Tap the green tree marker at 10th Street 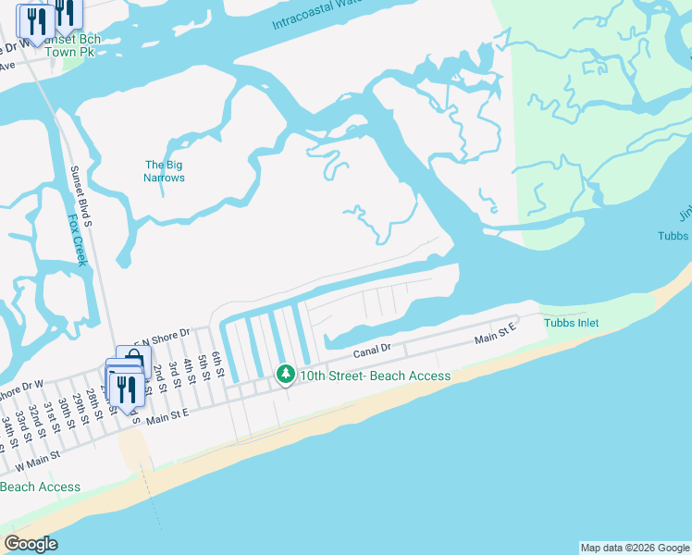286,375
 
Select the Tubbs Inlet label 571,323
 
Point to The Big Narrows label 165,171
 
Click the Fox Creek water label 77,240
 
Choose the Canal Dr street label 373,351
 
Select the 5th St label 204,365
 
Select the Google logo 31,544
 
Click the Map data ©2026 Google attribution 634,548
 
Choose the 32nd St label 37,418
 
